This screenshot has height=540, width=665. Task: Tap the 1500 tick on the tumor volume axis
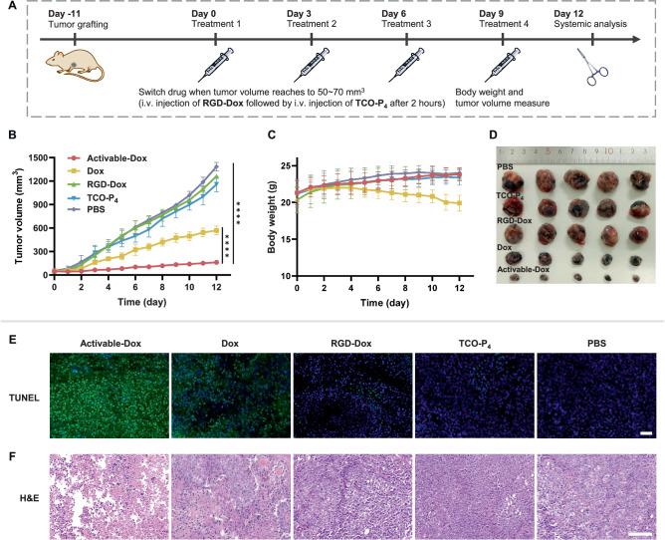[x=37, y=157]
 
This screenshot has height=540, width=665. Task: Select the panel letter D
[x=499, y=138]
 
